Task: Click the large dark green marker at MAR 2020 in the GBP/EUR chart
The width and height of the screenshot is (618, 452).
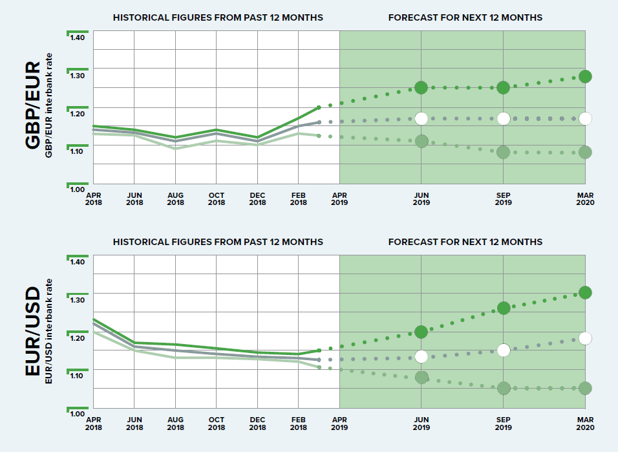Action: [585, 76]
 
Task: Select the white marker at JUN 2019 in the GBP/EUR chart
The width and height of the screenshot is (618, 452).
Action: [421, 118]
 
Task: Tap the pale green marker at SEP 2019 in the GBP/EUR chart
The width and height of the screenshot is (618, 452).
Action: [504, 152]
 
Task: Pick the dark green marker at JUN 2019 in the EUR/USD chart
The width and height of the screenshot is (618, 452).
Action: [421, 332]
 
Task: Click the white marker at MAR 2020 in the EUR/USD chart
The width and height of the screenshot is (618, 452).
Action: [585, 338]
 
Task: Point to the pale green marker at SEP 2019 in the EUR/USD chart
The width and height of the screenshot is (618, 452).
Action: [504, 388]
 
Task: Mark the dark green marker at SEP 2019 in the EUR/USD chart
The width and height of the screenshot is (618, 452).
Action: [504, 308]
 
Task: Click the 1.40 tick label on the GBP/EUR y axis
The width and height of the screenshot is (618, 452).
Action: [78, 38]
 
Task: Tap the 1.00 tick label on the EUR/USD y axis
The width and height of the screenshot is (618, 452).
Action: [78, 414]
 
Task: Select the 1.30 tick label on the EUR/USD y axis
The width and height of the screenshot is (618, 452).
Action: [78, 301]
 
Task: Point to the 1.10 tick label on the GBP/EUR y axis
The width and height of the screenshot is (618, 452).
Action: [78, 151]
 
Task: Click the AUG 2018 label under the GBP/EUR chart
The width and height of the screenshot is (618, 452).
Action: [175, 199]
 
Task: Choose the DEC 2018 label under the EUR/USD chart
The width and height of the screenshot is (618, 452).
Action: [257, 424]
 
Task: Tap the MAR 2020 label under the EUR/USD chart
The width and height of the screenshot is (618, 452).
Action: [585, 424]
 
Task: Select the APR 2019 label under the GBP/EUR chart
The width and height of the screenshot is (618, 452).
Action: [339, 199]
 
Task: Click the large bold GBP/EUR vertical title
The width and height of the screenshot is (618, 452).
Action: [32, 106]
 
